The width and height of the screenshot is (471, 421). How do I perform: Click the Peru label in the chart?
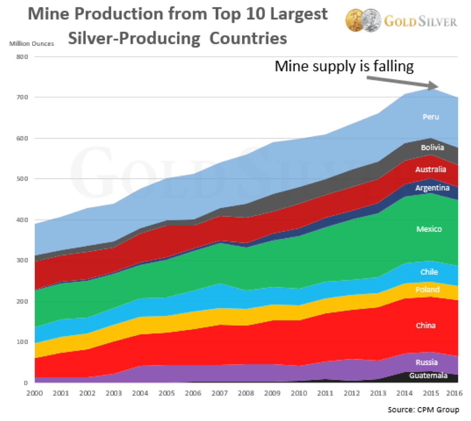[x=430, y=117]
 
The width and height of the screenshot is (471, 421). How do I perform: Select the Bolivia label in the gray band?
[x=432, y=148]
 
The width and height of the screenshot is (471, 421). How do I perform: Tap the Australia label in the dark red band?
[x=430, y=170]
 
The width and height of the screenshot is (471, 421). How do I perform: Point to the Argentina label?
[x=432, y=188]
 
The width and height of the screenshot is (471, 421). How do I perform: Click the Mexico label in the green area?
[x=429, y=229]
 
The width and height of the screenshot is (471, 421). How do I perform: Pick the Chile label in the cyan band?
[x=429, y=272]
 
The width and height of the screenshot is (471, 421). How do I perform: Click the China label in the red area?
[x=426, y=325]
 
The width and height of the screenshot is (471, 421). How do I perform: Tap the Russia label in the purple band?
[x=427, y=362]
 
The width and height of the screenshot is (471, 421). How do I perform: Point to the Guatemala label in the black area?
[x=428, y=376]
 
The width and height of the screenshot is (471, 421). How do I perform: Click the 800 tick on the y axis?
[x=21, y=57]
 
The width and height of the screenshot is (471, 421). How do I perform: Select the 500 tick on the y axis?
[x=21, y=179]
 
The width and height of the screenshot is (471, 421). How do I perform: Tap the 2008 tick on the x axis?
[x=246, y=393]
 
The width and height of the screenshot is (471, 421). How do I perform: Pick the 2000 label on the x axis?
[x=33, y=393]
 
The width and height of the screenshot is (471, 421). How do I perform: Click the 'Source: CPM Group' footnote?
[x=423, y=410]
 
